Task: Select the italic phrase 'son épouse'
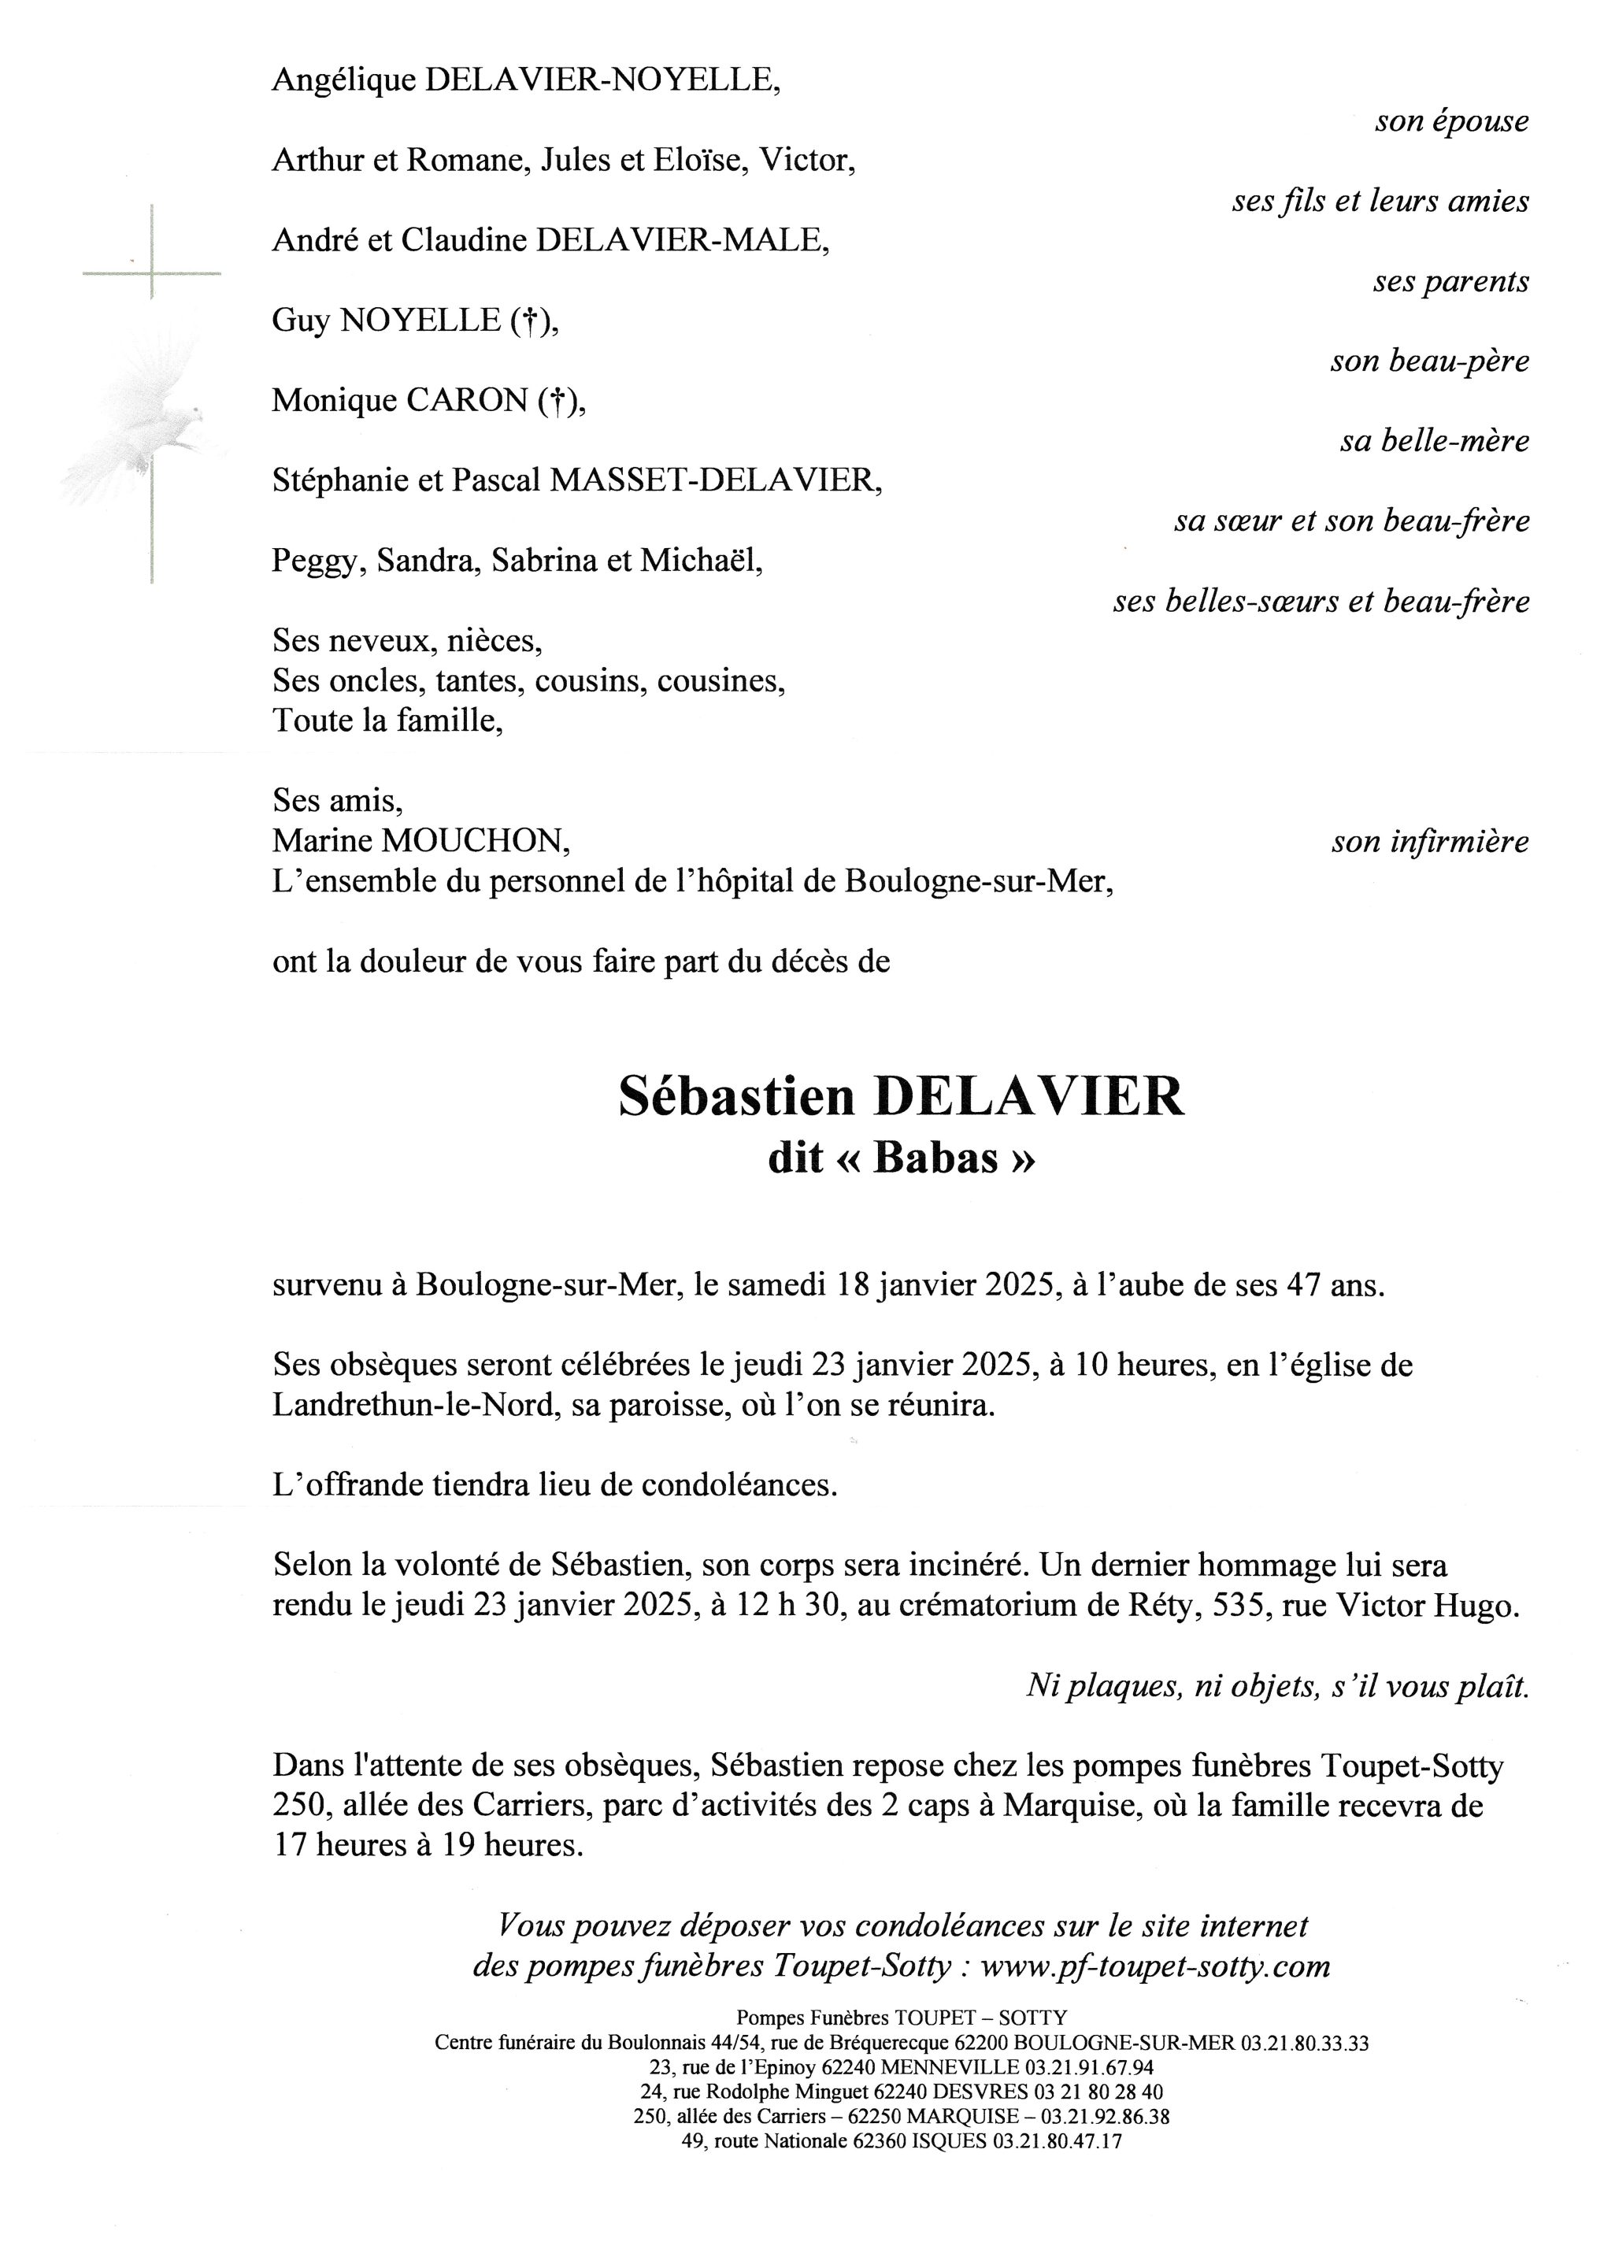1451,121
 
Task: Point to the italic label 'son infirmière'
1429,842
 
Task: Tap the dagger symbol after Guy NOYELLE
531,321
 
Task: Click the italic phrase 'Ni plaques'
1104,1685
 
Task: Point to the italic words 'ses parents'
1450,281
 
